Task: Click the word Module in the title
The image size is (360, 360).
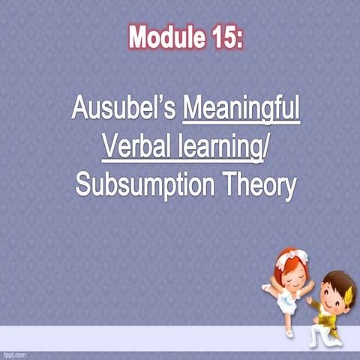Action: coord(162,35)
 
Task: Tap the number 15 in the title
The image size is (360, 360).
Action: coord(221,35)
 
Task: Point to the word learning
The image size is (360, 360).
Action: coord(217,146)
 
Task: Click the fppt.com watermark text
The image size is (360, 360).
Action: coord(16,353)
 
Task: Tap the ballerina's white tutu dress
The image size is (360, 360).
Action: coord(289,300)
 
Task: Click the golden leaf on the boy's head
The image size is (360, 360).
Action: coord(347,286)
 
